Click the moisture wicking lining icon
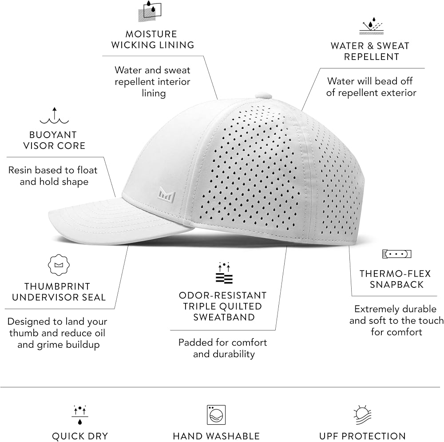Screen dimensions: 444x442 coord(150,12)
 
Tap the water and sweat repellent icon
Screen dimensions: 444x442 coord(371,26)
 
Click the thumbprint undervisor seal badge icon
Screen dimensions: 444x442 coord(59,265)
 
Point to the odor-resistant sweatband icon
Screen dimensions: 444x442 coord(224,273)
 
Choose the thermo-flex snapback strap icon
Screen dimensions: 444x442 coord(396,254)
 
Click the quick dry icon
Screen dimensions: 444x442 coord(80,415)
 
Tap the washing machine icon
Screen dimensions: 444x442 coord(216,415)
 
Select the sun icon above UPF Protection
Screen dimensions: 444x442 coord(362,415)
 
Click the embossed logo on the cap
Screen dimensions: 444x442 coord(167,195)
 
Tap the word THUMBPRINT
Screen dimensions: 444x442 coord(57,287)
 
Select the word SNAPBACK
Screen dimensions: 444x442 coord(396,284)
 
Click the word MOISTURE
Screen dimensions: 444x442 coord(151,34)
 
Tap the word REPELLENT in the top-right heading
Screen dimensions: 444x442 coord(372,57)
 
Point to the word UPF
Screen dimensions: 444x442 coord(329,436)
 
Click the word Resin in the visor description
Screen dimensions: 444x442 coord(20,170)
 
